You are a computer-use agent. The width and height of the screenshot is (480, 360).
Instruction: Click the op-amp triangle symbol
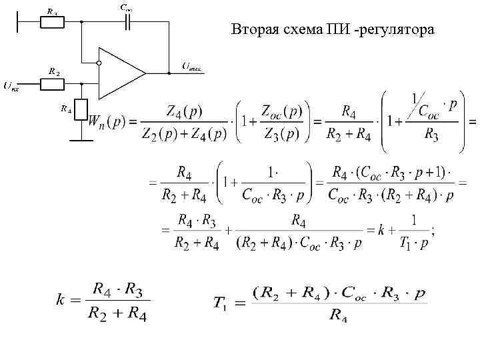tap(120, 72)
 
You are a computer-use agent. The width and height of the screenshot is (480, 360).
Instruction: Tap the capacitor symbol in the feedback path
tap(127, 21)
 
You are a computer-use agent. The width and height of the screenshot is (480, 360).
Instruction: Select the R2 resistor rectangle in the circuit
tap(52, 84)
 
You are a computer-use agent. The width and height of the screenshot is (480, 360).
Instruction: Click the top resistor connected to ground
tap(52, 21)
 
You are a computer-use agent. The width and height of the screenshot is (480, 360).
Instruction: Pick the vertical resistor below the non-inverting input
tap(81, 109)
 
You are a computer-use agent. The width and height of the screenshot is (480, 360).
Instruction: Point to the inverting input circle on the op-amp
tap(98, 63)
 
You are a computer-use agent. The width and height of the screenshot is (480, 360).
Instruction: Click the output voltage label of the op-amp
tap(192, 66)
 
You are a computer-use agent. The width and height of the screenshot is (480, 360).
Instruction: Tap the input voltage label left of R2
tap(11, 85)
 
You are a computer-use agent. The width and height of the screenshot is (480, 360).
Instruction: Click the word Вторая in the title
tap(255, 30)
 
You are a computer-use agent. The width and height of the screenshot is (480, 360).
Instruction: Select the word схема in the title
tap(303, 30)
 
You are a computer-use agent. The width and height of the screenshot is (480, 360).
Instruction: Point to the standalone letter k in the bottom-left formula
tap(60, 301)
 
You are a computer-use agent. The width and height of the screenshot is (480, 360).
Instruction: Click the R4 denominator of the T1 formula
tap(339, 315)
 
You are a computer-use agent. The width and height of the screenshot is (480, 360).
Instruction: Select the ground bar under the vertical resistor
tap(81, 140)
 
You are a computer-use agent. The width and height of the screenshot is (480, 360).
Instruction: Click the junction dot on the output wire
tap(167, 72)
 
